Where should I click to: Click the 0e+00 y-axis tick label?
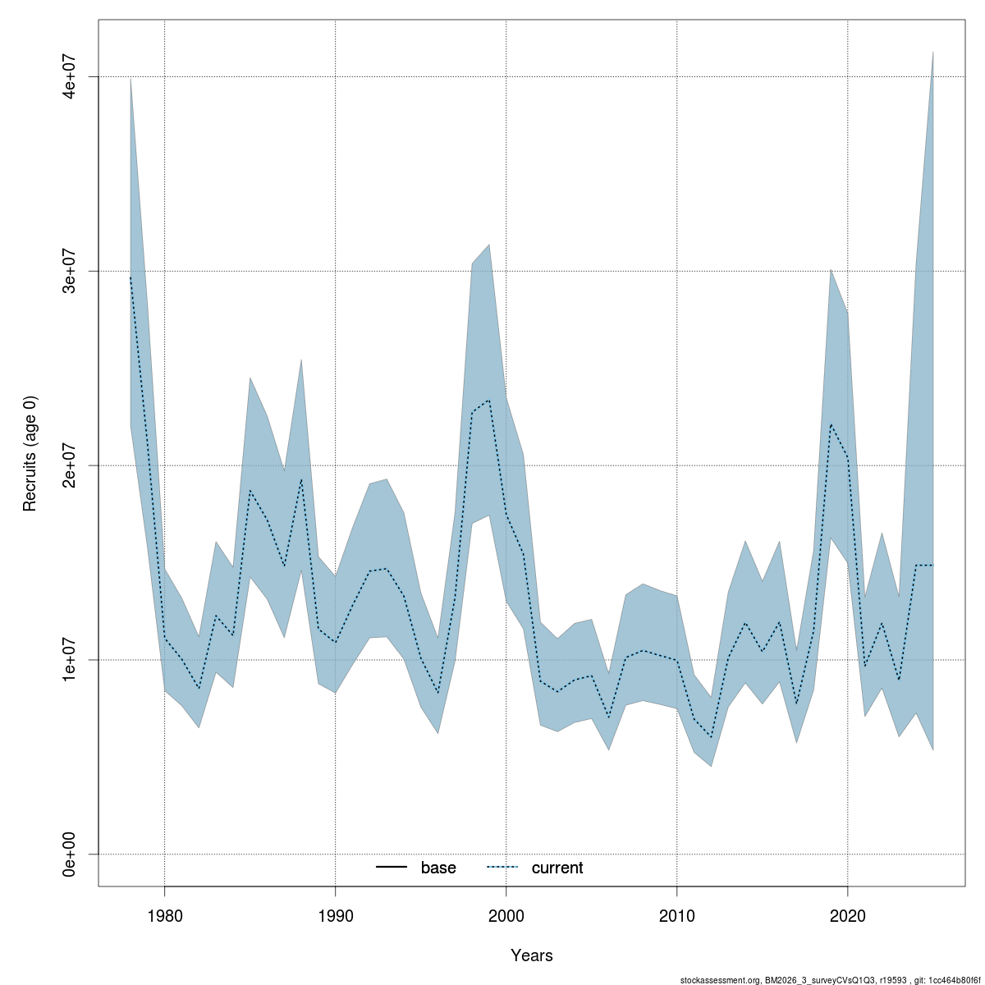coord(71,854)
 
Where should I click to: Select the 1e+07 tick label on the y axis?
coord(71,660)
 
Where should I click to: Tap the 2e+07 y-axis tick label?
coord(71,465)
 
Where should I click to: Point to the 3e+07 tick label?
coord(71,271)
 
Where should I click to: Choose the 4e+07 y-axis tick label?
coord(71,76)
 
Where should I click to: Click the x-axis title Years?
coord(532,955)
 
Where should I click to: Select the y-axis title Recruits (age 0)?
coord(30,453)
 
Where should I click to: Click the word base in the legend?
coord(438,868)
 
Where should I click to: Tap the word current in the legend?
coord(557,868)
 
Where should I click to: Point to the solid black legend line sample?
coord(392,868)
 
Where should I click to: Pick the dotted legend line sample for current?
coord(502,868)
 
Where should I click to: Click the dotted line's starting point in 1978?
coord(131,277)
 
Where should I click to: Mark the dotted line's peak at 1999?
coord(489,401)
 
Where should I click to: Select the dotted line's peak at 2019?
coord(831,424)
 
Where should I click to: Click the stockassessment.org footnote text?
coord(832,980)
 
